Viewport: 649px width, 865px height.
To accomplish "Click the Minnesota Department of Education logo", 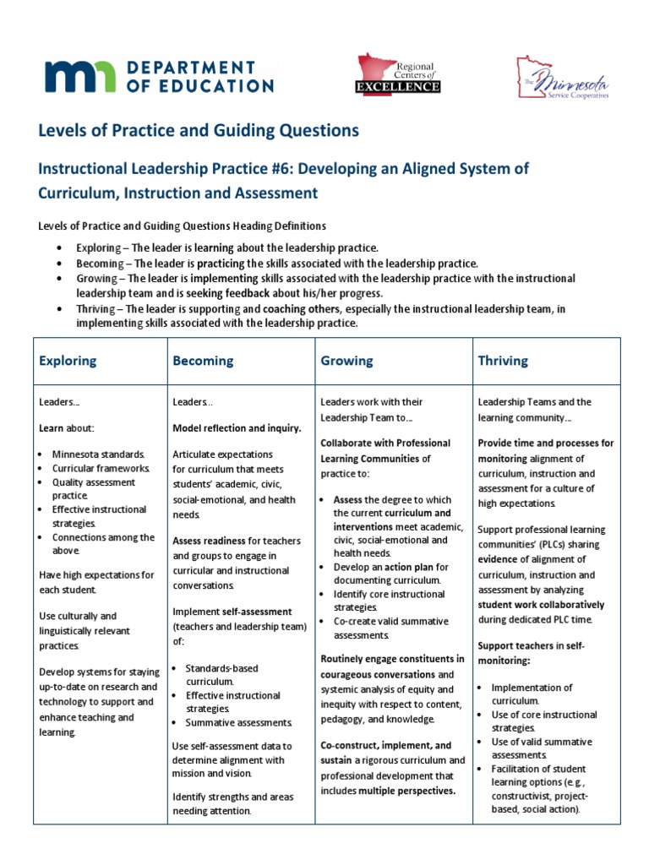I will [159, 76].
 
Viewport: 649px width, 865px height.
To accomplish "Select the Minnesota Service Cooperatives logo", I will [560, 78].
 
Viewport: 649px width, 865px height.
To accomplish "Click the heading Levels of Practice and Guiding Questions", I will [199, 130].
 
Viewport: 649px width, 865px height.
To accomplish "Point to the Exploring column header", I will [68, 361].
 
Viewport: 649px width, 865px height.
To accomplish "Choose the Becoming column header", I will [203, 361].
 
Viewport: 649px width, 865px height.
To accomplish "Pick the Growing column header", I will [346, 361].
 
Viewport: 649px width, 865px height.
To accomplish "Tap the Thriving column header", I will [503, 361].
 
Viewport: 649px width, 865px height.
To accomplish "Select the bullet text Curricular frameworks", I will [101, 468].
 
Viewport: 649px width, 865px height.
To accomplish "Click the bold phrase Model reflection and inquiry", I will [237, 428].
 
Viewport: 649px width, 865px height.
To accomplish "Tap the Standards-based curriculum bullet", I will [221, 674].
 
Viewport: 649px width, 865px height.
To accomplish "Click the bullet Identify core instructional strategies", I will [382, 600].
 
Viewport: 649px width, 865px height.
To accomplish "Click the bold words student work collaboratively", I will [541, 605].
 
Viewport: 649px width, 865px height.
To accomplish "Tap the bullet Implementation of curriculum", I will [532, 694].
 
